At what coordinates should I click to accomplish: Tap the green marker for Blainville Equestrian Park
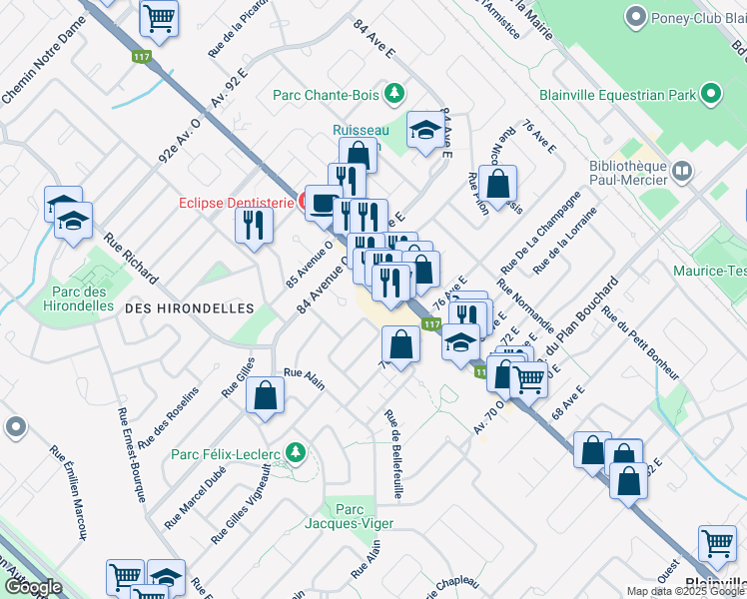point(711,95)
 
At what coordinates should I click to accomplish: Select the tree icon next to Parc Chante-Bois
point(395,94)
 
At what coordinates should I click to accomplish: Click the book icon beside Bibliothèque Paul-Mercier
point(681,173)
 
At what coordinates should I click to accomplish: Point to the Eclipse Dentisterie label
point(236,202)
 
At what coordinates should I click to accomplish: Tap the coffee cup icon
point(322,204)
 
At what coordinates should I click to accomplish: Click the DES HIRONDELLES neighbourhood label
point(189,308)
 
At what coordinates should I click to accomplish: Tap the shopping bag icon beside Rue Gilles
point(265,395)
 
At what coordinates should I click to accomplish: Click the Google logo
point(33,587)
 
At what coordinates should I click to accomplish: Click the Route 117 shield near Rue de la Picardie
point(142,57)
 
